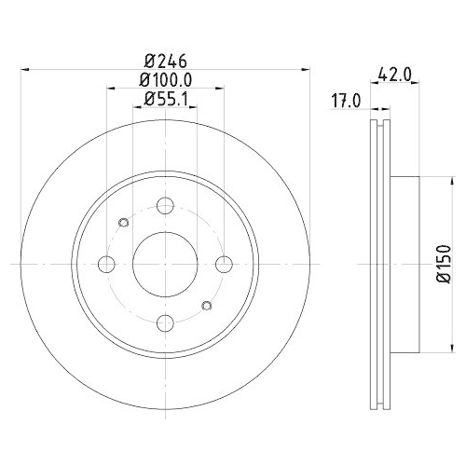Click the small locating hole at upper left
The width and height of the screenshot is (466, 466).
click(x=123, y=223)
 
